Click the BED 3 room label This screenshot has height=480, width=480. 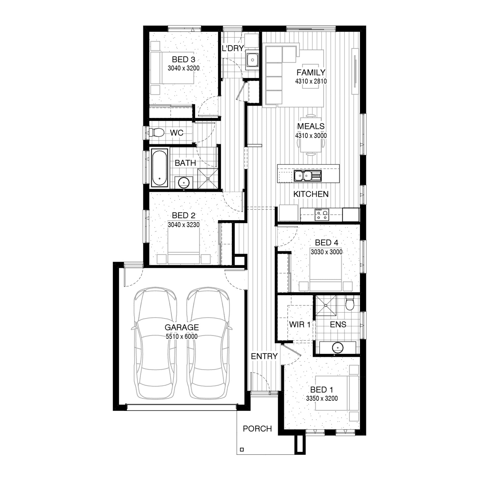coord(183,60)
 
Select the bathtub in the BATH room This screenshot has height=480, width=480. coord(159,167)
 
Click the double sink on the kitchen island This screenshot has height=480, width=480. coord(308,175)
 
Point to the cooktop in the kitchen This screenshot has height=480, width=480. coord(322,214)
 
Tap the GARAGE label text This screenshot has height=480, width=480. coord(181,327)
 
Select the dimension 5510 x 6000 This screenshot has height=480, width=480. coord(181,336)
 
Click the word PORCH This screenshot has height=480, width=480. coord(257,429)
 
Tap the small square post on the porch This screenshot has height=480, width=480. coord(242,450)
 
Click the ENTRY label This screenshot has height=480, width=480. coord(264,356)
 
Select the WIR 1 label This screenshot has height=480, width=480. coord(300,324)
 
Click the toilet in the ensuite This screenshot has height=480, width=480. coord(350,303)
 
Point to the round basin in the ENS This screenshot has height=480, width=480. coord(337,347)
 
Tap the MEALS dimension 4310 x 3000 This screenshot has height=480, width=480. coord(311,136)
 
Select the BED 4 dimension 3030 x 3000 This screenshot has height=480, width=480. coord(326,252)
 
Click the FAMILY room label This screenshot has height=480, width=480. coord(311,73)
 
